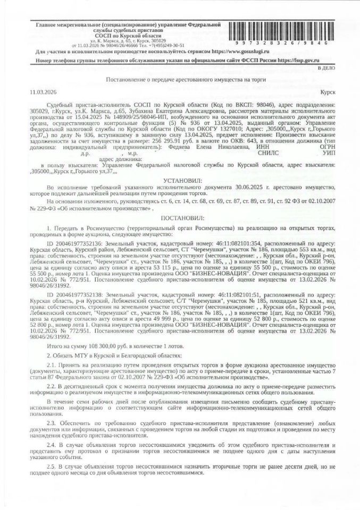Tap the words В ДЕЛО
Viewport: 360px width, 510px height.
coord(325,69)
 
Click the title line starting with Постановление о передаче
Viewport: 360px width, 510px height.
coord(179,79)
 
